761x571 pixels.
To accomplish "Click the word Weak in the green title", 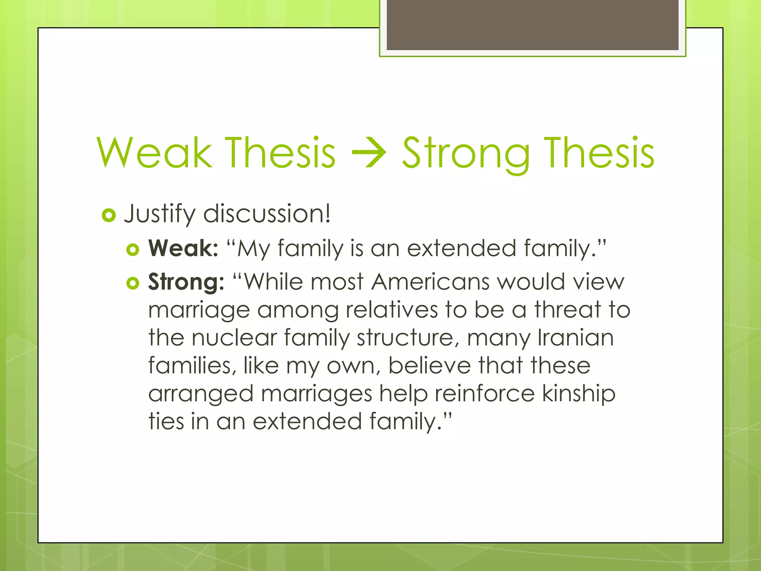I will click(x=154, y=152).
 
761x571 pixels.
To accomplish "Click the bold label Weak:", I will click(x=183, y=248).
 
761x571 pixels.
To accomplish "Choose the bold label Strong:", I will click(x=186, y=282).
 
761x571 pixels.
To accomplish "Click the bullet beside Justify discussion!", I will click(x=109, y=215).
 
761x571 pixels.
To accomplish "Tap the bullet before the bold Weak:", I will click(x=133, y=249).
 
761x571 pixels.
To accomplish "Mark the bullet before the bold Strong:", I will click(x=133, y=283).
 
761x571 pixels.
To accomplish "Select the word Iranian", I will click(x=576, y=338).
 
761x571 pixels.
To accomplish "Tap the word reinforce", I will click(x=485, y=393).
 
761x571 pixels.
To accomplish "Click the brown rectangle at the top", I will click(x=532, y=25).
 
